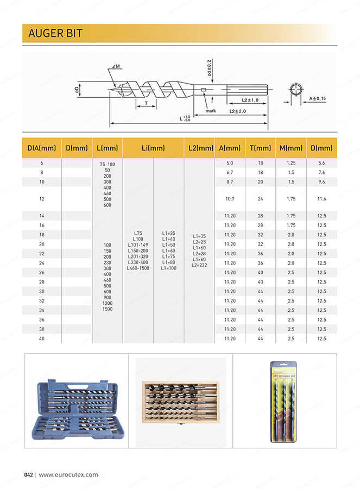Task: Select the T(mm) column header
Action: coord(260,148)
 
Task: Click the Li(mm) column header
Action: coord(154,148)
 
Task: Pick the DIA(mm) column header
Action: coord(42,148)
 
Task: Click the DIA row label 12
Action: coord(42,199)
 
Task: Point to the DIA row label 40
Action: coord(42,338)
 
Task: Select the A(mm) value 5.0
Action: coord(230,163)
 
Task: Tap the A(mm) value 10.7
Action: coord(230,199)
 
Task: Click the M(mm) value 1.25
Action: coord(291,163)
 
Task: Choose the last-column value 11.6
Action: coord(321,199)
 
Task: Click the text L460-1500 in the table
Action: coord(138,268)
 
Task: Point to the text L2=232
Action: coord(200,265)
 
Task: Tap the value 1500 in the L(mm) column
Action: coord(108,309)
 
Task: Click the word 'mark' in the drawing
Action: coord(211,110)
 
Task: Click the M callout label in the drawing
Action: coord(117,66)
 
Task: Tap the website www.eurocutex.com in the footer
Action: coord(68,474)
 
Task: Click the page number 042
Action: coord(29,474)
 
